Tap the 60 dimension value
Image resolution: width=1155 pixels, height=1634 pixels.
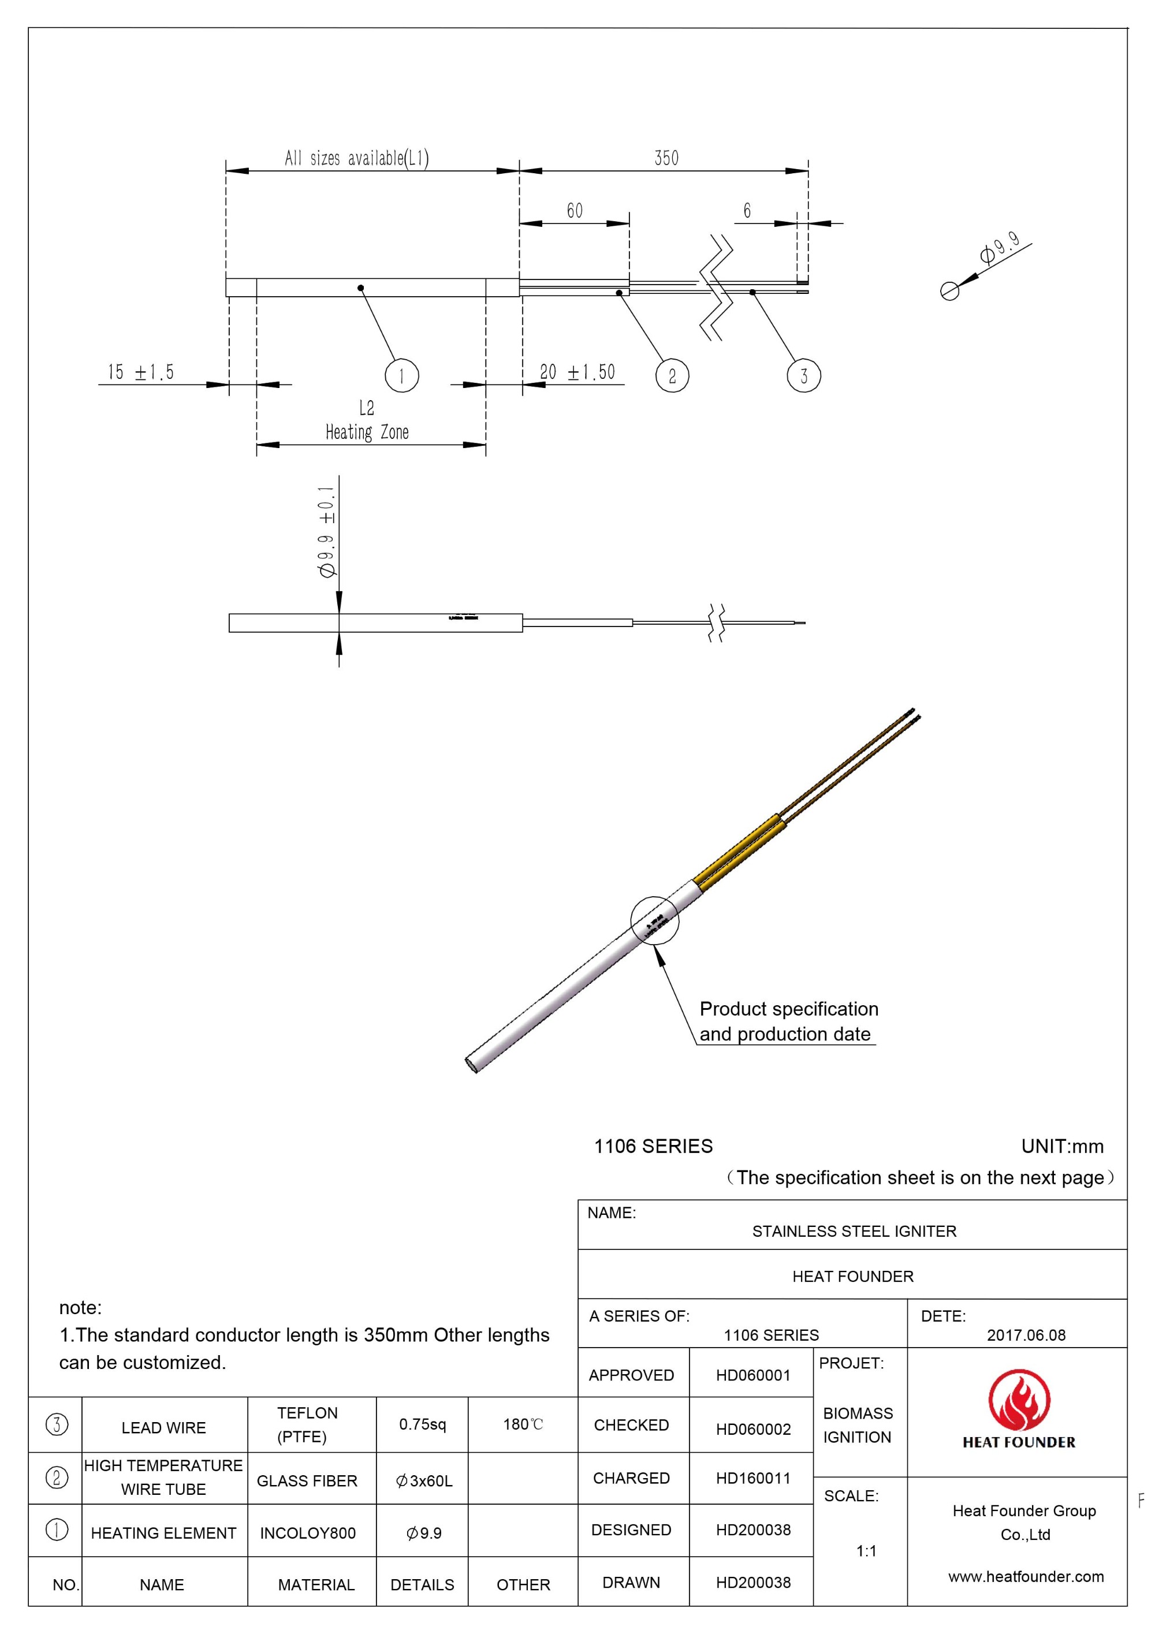[x=574, y=211]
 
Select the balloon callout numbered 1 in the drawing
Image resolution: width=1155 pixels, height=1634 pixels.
[x=401, y=376]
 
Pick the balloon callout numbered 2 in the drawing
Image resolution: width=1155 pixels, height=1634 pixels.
[x=672, y=376]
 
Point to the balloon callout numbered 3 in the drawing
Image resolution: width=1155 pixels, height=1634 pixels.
[x=803, y=376]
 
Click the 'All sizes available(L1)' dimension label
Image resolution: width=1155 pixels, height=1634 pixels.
[x=356, y=158]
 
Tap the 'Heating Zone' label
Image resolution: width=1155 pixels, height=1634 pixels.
[x=367, y=432]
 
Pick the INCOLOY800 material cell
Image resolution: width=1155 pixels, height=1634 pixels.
[x=307, y=1533]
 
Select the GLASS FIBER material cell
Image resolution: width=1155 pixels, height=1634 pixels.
[x=307, y=1480]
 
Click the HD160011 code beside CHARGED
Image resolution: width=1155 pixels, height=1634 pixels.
[x=753, y=1478]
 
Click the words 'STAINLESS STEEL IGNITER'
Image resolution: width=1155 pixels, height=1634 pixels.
[x=854, y=1230]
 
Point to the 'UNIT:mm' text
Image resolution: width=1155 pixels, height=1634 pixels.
[x=1062, y=1147]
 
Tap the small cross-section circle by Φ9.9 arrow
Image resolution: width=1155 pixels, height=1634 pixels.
[x=949, y=291]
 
